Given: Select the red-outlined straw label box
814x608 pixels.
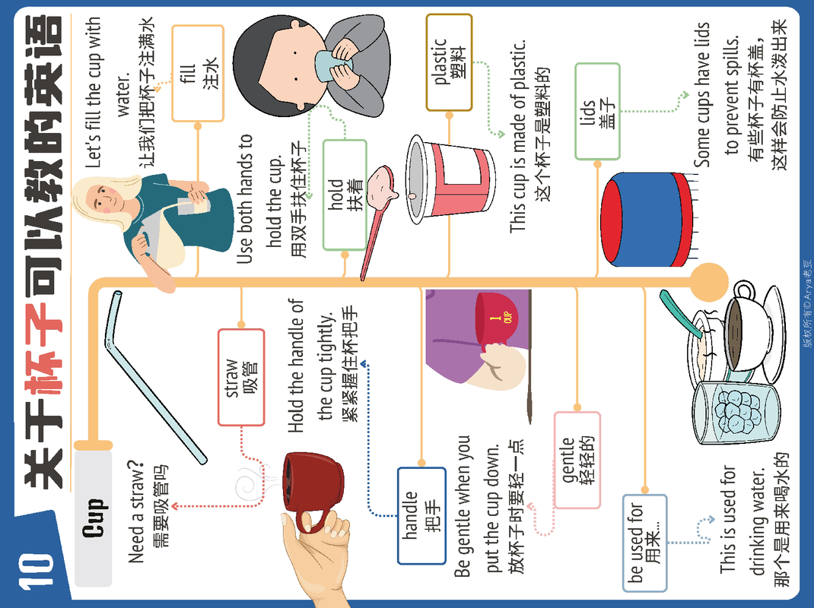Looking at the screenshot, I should tap(241, 376).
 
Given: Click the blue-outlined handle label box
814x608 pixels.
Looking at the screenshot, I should tap(421, 515).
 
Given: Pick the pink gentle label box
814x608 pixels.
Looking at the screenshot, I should tap(577, 459).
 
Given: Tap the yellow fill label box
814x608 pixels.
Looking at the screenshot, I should tap(198, 73).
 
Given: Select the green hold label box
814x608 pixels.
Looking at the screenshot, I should tap(345, 195).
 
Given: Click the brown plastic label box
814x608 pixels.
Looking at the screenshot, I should tap(449, 62).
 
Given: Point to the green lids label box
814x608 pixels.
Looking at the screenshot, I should tap(598, 112).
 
